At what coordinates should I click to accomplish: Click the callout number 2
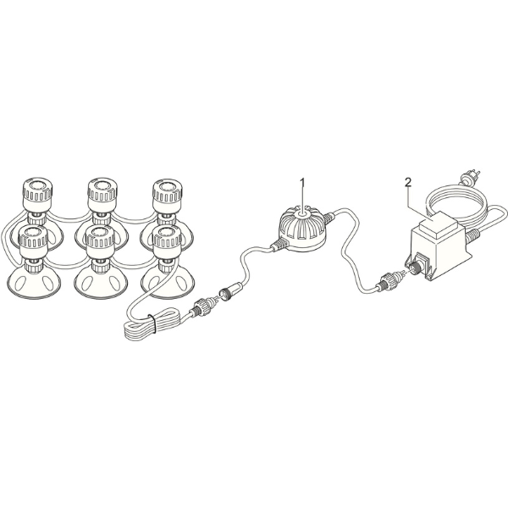point(408,181)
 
